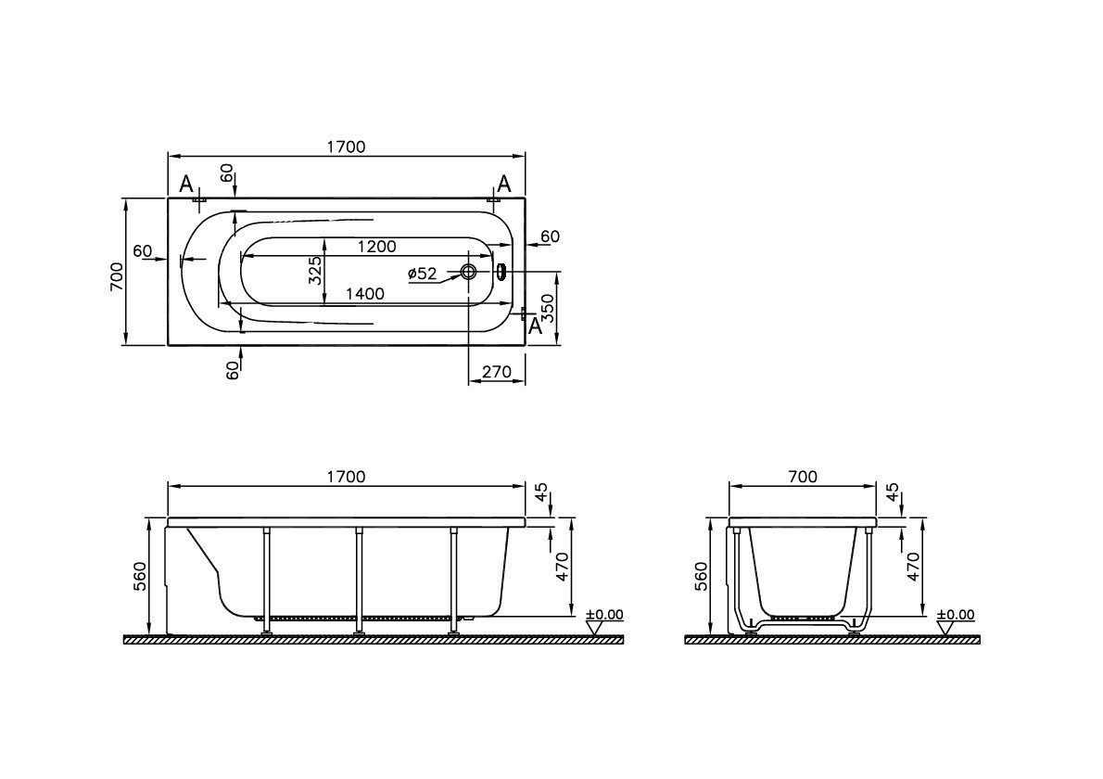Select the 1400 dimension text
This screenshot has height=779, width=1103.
pyautogui.click(x=364, y=294)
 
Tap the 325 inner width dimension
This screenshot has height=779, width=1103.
pyautogui.click(x=315, y=270)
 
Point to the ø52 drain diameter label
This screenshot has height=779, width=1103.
pyautogui.click(x=422, y=273)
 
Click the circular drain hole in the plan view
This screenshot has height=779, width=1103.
pyautogui.click(x=469, y=272)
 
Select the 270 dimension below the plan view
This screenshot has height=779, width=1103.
pyautogui.click(x=497, y=372)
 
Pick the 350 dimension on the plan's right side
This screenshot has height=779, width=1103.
pyautogui.click(x=548, y=307)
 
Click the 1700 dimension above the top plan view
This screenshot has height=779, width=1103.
pyautogui.click(x=346, y=147)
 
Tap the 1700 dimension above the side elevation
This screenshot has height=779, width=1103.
pyautogui.click(x=346, y=477)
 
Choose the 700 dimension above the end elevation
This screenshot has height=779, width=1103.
pyautogui.click(x=803, y=477)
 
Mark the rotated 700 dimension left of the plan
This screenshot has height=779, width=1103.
pyautogui.click(x=117, y=275)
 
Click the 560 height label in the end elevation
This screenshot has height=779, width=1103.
pyautogui.click(x=702, y=576)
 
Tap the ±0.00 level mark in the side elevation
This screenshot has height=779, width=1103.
pyautogui.click(x=604, y=614)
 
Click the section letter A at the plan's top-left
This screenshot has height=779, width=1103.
pyautogui.click(x=185, y=183)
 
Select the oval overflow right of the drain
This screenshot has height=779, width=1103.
pyautogui.click(x=501, y=272)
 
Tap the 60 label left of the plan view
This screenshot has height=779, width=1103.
pyautogui.click(x=143, y=251)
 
